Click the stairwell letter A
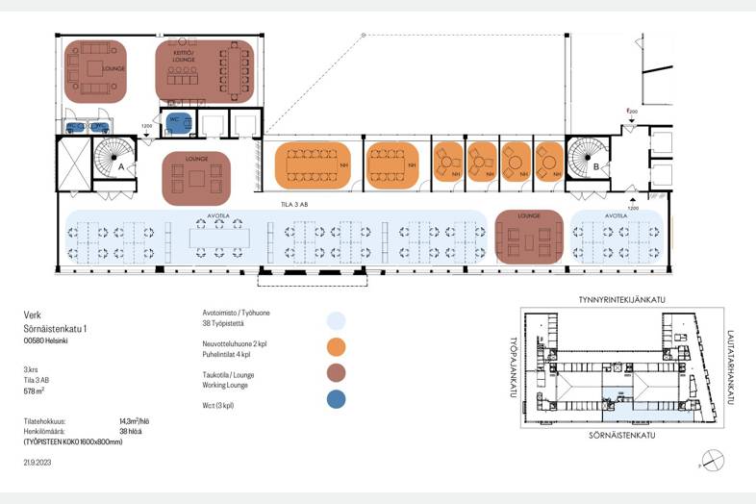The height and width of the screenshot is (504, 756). point(121,166)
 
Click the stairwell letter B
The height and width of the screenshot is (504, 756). point(596,166)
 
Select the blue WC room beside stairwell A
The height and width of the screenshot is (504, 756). point(176,121)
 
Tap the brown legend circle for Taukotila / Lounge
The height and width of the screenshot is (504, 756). point(335,373)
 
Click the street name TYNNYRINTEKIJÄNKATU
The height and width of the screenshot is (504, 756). point(621,300)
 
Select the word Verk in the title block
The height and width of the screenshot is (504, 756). point(32,315)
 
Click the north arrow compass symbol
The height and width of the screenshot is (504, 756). point(712,462)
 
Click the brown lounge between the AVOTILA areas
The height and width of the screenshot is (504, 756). point(529,237)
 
